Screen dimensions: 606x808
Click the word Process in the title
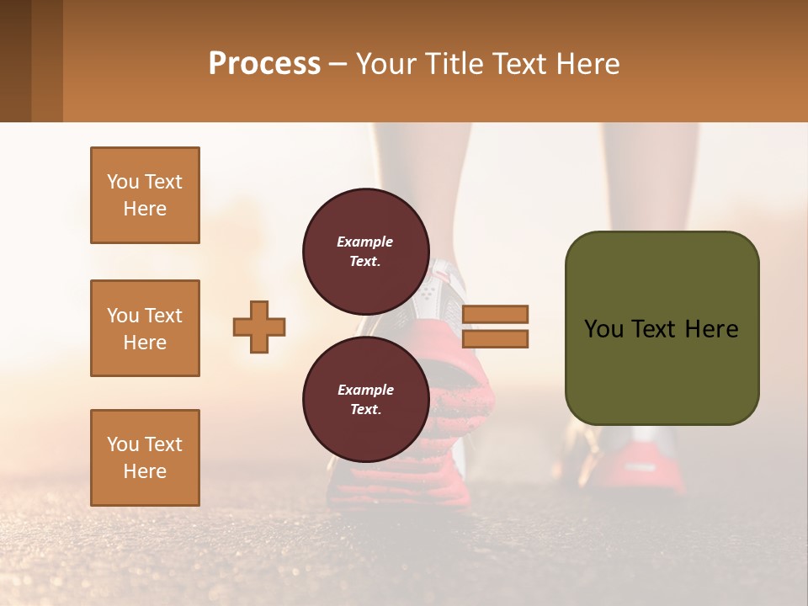coord(264,64)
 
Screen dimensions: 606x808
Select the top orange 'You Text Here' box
coord(145,195)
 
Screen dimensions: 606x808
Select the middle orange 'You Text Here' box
coord(145,328)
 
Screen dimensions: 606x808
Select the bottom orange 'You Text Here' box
coord(145,457)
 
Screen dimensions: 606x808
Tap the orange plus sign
coord(259,327)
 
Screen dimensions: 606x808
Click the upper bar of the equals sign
coord(495,314)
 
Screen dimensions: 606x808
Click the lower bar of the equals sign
coord(495,338)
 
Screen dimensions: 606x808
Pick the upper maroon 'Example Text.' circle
coord(364,246)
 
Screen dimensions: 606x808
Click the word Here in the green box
coord(711,329)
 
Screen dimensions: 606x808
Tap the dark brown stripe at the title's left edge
coord(15,61)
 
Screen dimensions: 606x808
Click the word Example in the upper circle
coord(364,242)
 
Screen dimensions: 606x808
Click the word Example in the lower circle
coord(365,390)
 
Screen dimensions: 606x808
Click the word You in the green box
coord(603,329)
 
